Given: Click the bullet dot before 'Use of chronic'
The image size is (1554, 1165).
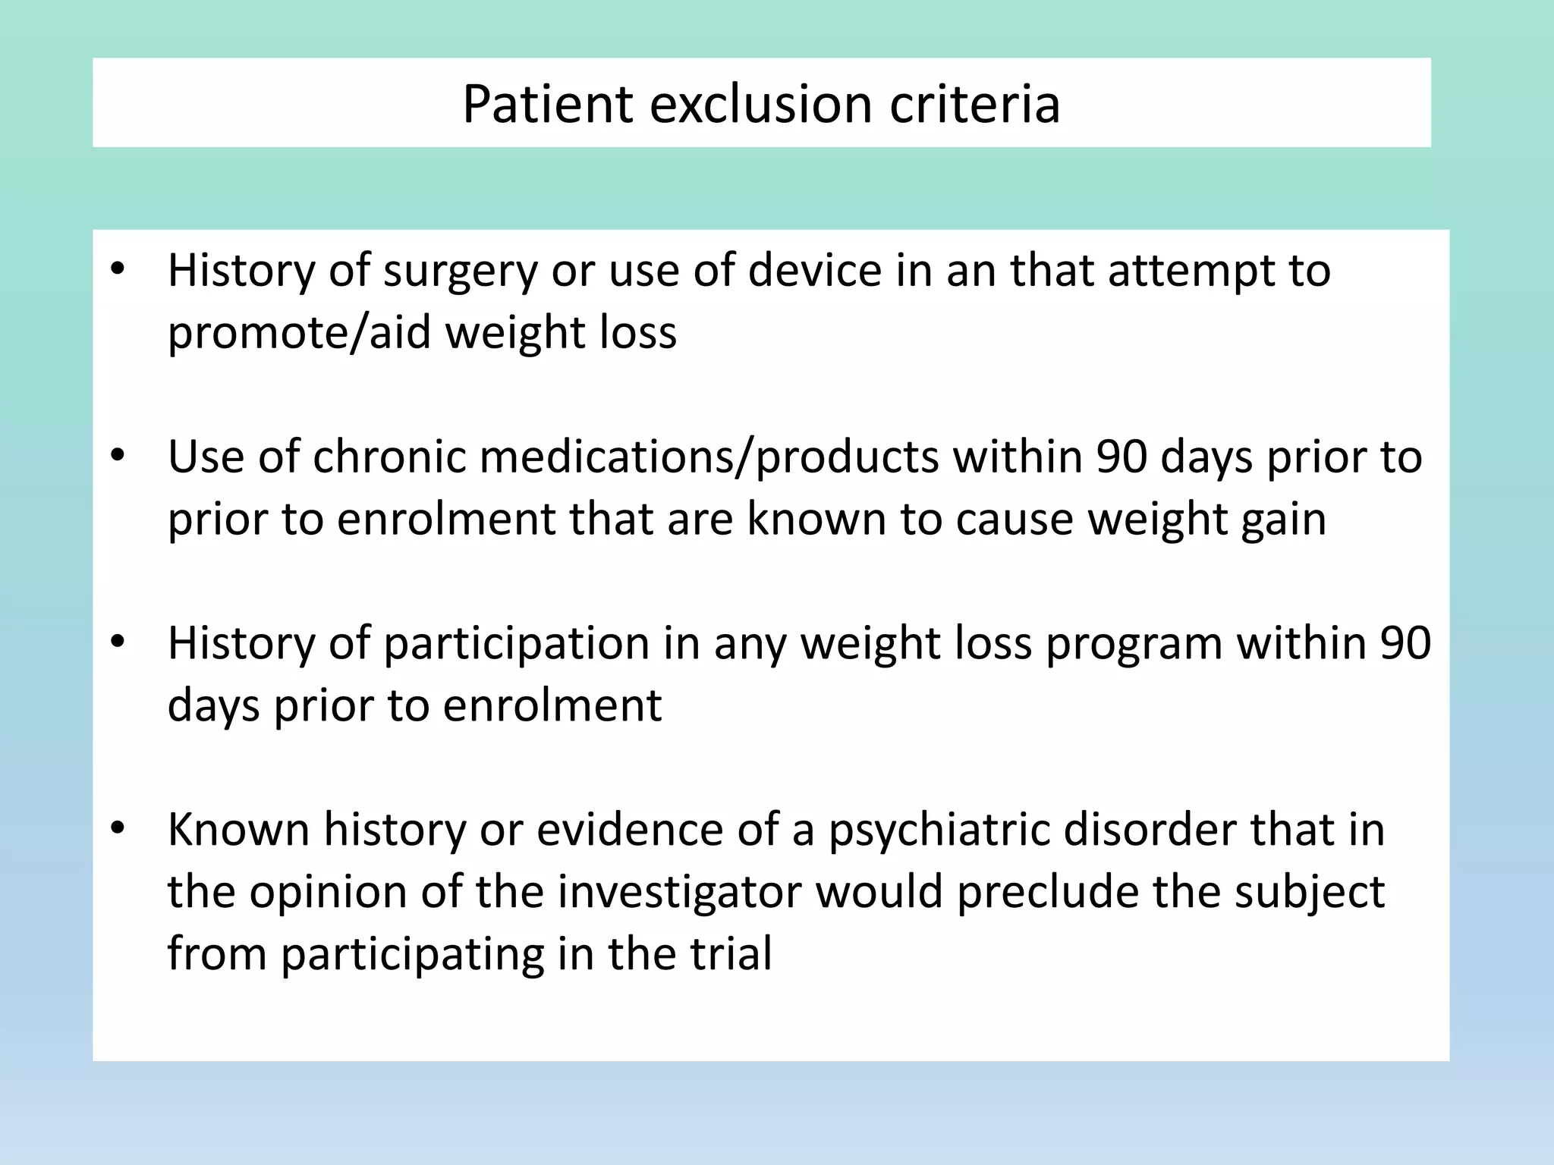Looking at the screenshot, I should pos(117,456).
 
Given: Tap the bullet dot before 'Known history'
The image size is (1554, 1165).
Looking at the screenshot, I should pos(117,828).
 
